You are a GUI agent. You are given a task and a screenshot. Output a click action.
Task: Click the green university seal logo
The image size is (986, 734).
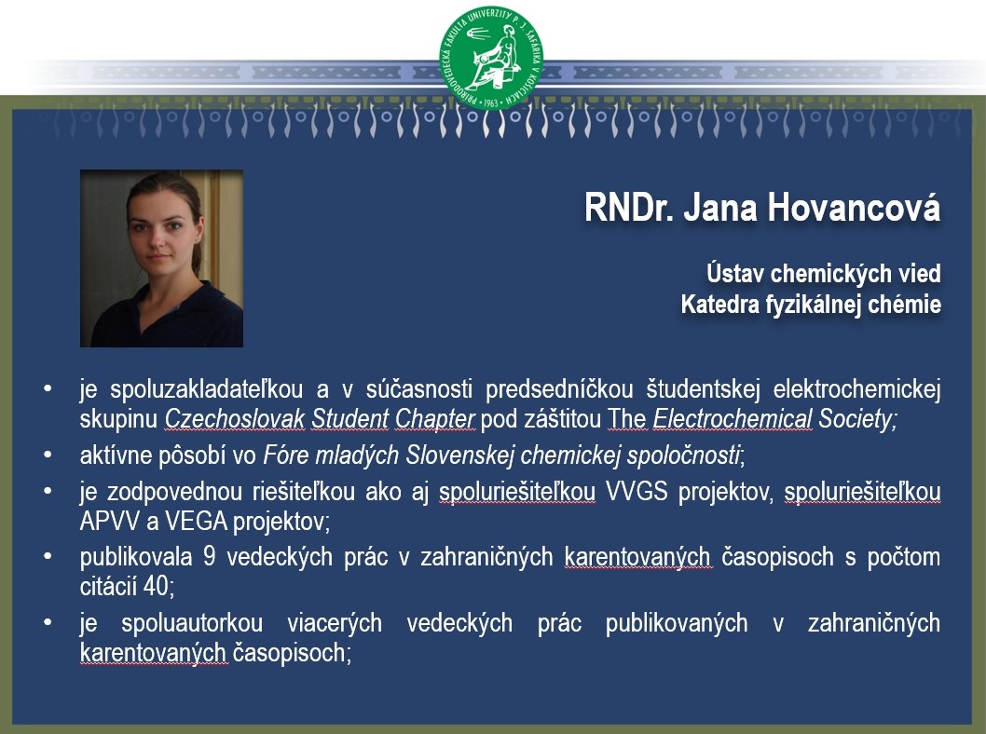(x=490, y=59)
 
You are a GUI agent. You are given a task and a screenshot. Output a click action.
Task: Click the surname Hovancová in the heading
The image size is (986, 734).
(x=854, y=207)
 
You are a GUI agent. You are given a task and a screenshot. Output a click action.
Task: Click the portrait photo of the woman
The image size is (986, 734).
(x=161, y=258)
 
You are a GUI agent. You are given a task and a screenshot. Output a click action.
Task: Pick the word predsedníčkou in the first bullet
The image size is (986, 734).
(x=559, y=389)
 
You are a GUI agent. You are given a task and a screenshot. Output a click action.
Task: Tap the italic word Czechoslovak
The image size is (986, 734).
(x=235, y=419)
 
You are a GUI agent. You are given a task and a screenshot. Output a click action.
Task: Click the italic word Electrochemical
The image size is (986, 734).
(x=733, y=419)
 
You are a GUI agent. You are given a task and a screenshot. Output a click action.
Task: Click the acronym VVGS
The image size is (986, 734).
(x=637, y=491)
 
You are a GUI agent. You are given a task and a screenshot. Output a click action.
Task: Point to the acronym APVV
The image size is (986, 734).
(x=109, y=521)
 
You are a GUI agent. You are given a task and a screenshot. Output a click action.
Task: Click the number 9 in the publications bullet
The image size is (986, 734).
(x=210, y=557)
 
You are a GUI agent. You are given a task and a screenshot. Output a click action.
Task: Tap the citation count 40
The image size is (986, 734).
(x=156, y=586)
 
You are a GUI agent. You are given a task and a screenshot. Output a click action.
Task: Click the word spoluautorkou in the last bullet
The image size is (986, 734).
(x=192, y=623)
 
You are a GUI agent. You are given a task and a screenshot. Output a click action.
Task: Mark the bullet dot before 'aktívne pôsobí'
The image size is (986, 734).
(x=48, y=455)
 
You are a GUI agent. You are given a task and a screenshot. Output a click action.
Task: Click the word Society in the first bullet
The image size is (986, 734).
(x=856, y=419)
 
